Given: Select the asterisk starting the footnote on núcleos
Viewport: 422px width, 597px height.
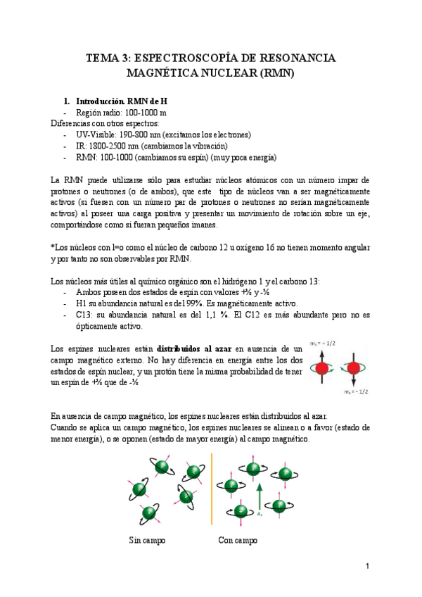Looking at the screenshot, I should (53, 248).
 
